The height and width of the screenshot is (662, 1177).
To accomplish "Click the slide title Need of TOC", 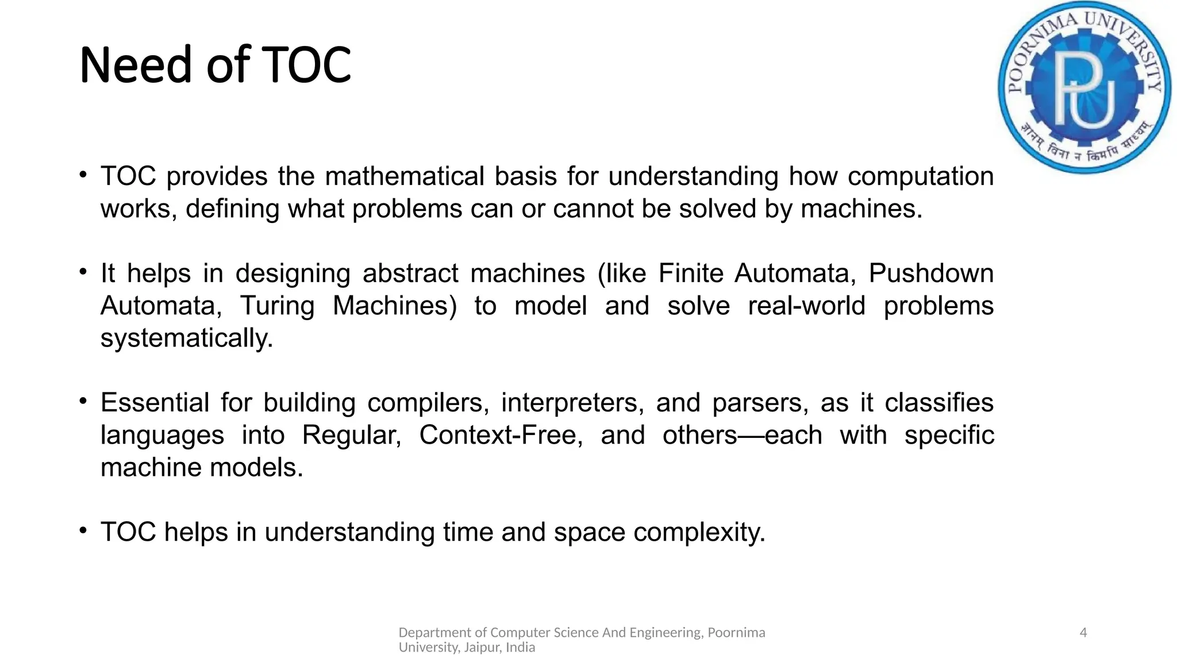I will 215,64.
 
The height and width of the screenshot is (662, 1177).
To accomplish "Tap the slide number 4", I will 1083,633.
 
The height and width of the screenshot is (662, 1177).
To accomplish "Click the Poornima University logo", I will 1084,87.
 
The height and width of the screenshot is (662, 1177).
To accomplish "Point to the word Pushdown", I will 930,274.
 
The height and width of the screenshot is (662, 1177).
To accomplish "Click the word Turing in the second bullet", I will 277,306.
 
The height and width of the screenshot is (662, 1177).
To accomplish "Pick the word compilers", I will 428,403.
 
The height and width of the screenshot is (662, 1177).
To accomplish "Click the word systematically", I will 186,338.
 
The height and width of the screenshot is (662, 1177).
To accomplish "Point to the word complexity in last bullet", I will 699,532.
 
